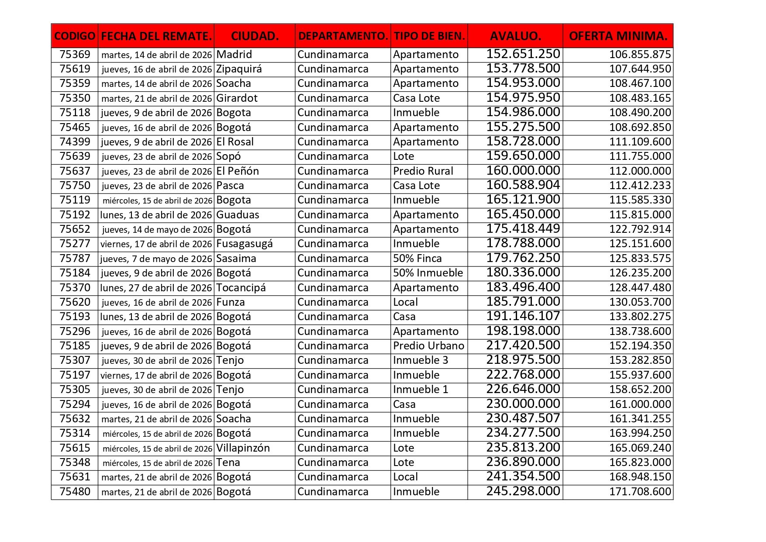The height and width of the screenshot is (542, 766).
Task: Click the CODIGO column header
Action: click(x=75, y=36)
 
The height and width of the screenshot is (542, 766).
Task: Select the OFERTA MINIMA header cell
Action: click(x=618, y=36)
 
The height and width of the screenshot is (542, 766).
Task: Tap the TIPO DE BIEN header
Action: click(x=429, y=36)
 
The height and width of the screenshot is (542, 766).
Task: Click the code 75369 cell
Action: click(x=75, y=55)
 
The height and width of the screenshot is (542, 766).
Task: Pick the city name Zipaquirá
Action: click(x=239, y=69)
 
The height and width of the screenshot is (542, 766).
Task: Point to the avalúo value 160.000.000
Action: click(x=523, y=171)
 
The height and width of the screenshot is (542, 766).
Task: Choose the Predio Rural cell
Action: click(x=423, y=171)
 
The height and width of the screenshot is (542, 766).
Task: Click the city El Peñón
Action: click(x=238, y=171)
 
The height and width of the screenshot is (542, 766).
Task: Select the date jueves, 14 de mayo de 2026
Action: click(x=157, y=230)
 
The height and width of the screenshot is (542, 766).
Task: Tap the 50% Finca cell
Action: click(x=417, y=259)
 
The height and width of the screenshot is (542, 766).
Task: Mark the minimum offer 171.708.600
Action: click(x=640, y=492)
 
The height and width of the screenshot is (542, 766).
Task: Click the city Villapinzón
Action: click(x=243, y=448)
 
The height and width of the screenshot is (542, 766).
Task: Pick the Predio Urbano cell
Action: click(x=428, y=346)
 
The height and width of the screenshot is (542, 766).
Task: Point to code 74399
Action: click(x=75, y=142)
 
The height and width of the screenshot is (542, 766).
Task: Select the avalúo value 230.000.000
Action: click(x=523, y=404)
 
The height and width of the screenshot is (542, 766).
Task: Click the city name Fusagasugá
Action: click(x=244, y=244)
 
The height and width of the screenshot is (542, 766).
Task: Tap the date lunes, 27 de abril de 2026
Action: click(x=156, y=288)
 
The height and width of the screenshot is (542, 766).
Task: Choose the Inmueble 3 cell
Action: click(x=420, y=360)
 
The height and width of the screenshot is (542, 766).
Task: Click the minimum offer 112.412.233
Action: click(x=640, y=186)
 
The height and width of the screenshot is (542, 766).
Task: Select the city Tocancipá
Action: click(x=241, y=288)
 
